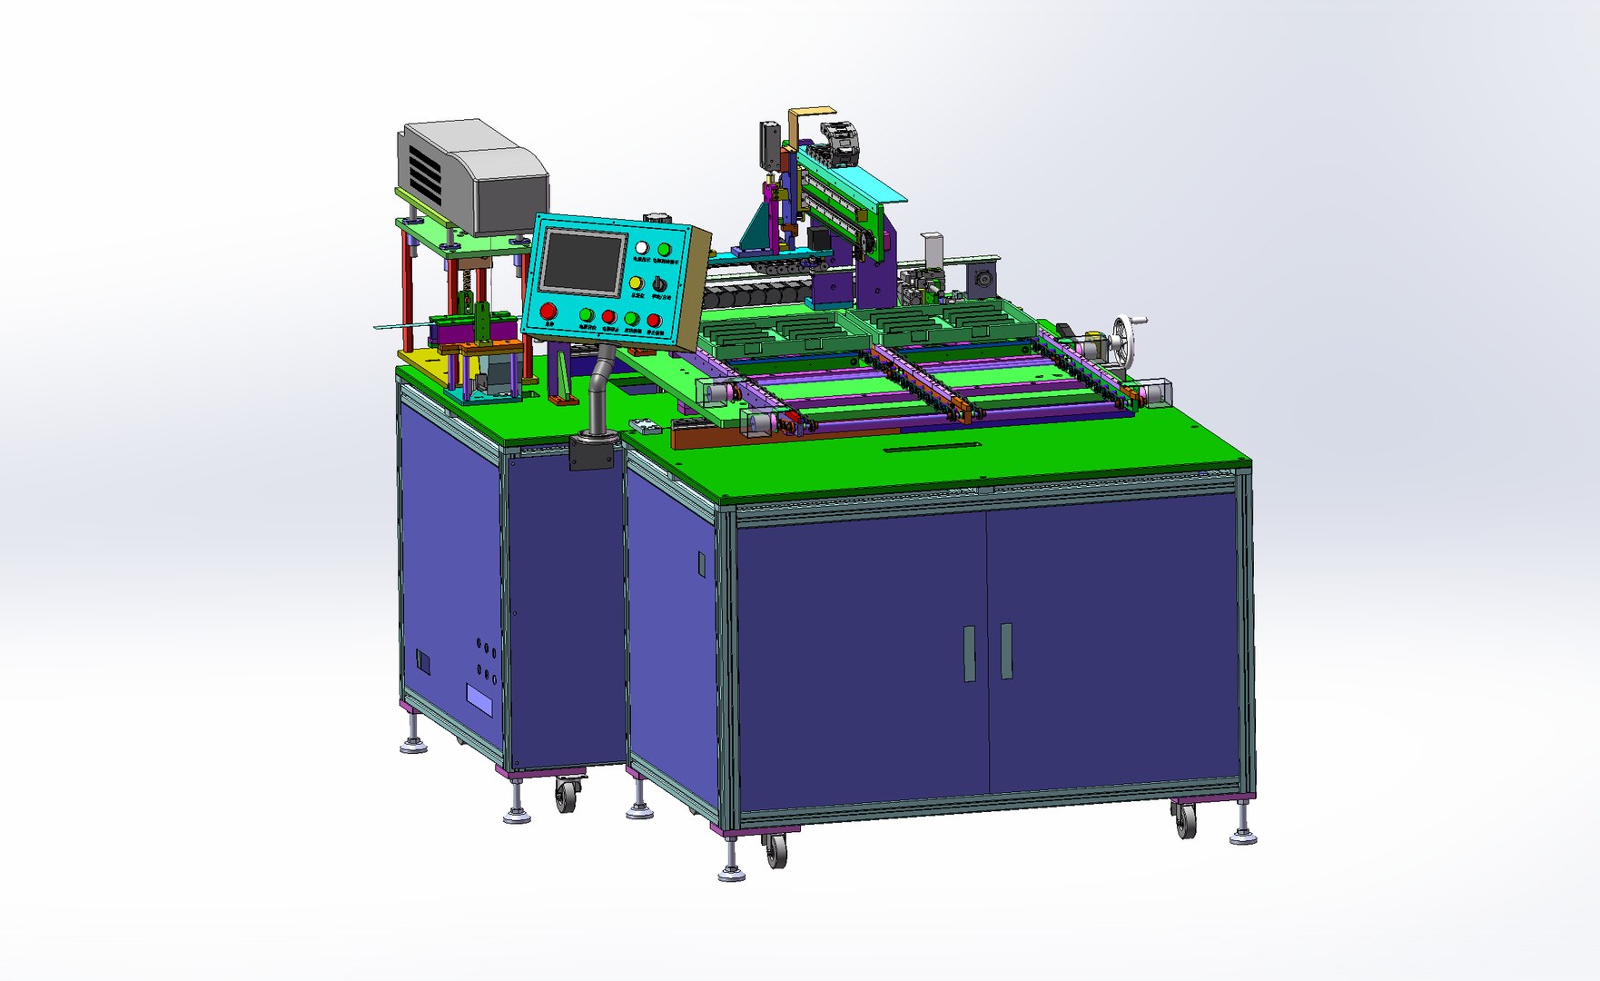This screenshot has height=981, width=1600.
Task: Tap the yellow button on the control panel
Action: pos(636,283)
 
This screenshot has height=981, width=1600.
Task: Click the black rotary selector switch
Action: pos(659,285)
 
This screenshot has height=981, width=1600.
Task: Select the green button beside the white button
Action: pos(665,250)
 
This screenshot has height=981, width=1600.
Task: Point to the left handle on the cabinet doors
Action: pos(969,653)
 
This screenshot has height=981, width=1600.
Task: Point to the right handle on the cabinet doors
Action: pos(1006,650)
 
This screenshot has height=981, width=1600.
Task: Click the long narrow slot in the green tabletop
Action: pos(932,447)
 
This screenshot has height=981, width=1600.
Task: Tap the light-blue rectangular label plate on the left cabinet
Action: pos(479,699)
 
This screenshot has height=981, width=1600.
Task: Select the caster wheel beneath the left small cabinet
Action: pos(566,795)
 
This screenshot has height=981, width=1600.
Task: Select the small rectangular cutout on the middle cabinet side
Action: pos(701,564)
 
